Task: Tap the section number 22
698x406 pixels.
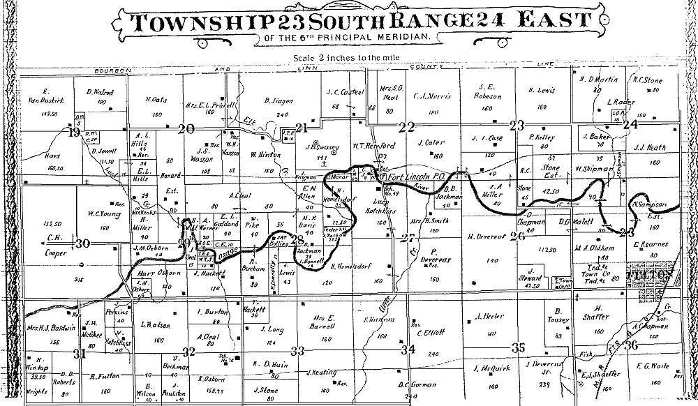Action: (x=407, y=126)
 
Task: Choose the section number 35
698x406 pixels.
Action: (x=517, y=347)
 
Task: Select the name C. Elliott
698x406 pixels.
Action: (x=431, y=333)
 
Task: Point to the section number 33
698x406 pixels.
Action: (x=298, y=350)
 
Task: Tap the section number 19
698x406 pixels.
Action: (x=73, y=131)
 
